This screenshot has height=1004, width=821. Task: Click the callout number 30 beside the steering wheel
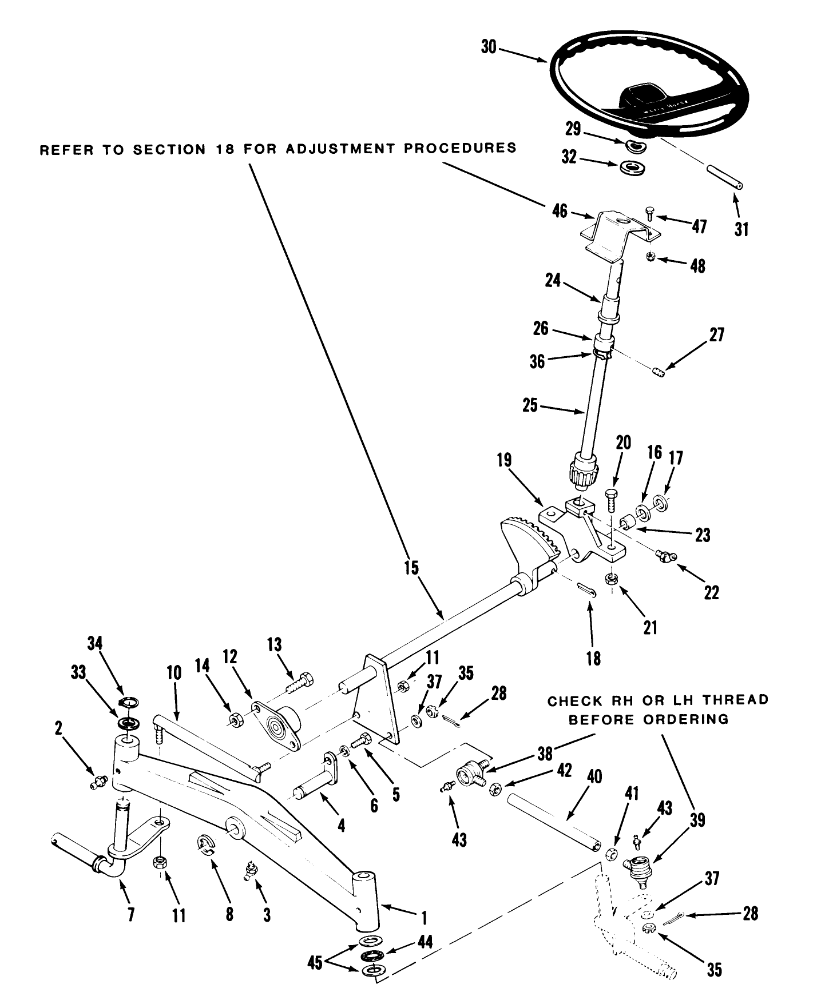488,47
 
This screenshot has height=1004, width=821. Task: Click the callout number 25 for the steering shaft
530,405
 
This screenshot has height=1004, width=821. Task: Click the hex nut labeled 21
611,579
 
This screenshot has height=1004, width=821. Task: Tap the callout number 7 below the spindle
131,915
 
